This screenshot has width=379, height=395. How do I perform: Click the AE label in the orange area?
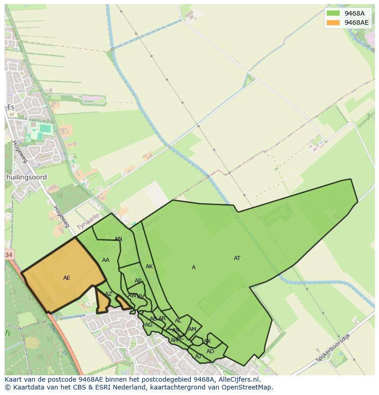[x=67, y=278]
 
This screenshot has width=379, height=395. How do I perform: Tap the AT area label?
[x=237, y=258]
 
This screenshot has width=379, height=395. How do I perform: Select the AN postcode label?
[x=118, y=239]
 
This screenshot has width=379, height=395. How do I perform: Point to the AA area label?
[x=106, y=260]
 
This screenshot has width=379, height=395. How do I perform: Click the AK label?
[x=149, y=267]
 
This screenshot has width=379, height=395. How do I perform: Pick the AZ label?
[x=108, y=294]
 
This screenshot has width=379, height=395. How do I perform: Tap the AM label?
[x=192, y=329]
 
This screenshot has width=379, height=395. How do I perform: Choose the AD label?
[x=210, y=351]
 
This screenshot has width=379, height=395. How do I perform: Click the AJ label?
[x=198, y=356]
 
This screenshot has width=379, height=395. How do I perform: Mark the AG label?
[x=148, y=325]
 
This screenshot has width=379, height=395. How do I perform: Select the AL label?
[x=178, y=321]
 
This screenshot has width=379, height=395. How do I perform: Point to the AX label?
[x=207, y=341]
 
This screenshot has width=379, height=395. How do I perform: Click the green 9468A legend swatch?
[x=333, y=13]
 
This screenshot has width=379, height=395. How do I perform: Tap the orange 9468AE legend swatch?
[x=333, y=22]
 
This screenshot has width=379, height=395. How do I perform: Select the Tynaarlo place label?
[x=88, y=222]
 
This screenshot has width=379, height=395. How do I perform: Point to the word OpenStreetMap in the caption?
[x=247, y=387]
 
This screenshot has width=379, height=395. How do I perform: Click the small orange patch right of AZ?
[x=123, y=302]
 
